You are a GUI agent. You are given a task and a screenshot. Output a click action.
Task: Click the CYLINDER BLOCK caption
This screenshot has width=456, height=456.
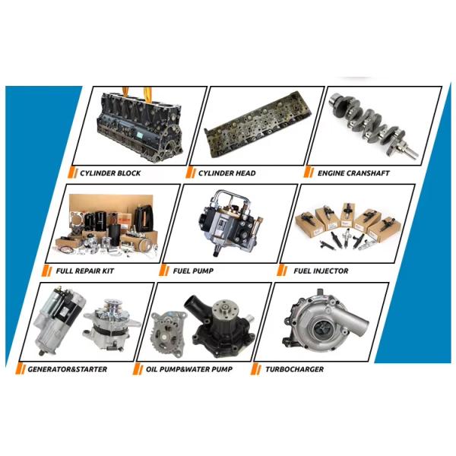110,173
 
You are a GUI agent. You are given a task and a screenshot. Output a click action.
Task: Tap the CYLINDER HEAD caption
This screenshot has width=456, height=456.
226,173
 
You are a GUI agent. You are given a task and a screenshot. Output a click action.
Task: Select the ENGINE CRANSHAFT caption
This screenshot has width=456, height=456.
353,173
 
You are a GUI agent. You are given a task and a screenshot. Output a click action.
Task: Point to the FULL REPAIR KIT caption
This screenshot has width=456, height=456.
85,271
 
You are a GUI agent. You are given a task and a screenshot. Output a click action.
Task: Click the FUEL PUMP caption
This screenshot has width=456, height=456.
193,271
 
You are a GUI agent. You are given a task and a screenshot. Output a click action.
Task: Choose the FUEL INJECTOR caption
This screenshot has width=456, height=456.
321,271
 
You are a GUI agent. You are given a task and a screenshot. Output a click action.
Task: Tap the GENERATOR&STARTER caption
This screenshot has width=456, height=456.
68,369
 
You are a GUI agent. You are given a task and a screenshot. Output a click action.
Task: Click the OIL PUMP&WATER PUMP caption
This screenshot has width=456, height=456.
189,369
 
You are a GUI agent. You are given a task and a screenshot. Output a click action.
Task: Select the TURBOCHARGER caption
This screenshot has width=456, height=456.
294,369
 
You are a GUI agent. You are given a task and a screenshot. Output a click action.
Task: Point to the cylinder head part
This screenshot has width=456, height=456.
258,125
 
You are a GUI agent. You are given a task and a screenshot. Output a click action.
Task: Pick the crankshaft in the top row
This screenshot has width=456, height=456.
374,125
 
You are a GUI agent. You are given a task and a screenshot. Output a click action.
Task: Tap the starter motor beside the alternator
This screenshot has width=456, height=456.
59,321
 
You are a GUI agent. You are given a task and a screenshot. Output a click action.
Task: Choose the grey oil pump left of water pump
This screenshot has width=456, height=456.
168,333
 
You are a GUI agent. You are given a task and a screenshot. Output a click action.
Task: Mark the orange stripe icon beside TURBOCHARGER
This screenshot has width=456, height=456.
256,369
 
